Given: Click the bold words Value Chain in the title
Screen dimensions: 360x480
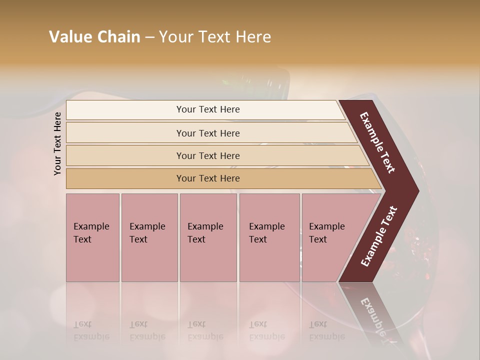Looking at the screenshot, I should tap(94, 37).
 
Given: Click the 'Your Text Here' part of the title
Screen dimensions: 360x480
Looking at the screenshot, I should tap(215, 37).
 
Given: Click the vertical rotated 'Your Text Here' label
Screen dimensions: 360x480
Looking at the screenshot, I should tap(57, 143).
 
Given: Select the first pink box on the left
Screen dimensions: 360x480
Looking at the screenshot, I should tap(92, 237).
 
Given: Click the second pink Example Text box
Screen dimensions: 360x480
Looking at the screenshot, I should tap(149, 237).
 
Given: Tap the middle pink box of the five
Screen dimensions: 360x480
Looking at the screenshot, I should tap(208, 237).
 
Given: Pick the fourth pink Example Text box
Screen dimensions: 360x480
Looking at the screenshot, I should tap(269, 237).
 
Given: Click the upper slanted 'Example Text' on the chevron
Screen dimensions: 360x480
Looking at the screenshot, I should tap(377, 142).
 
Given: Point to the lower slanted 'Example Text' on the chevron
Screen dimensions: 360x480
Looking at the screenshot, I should tap(379, 236).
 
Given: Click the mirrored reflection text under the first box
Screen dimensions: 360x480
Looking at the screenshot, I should tap(91, 330).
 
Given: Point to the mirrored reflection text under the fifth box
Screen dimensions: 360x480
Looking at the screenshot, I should tap(326, 330).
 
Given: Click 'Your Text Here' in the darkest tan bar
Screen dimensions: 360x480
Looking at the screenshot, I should tap(208, 178).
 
